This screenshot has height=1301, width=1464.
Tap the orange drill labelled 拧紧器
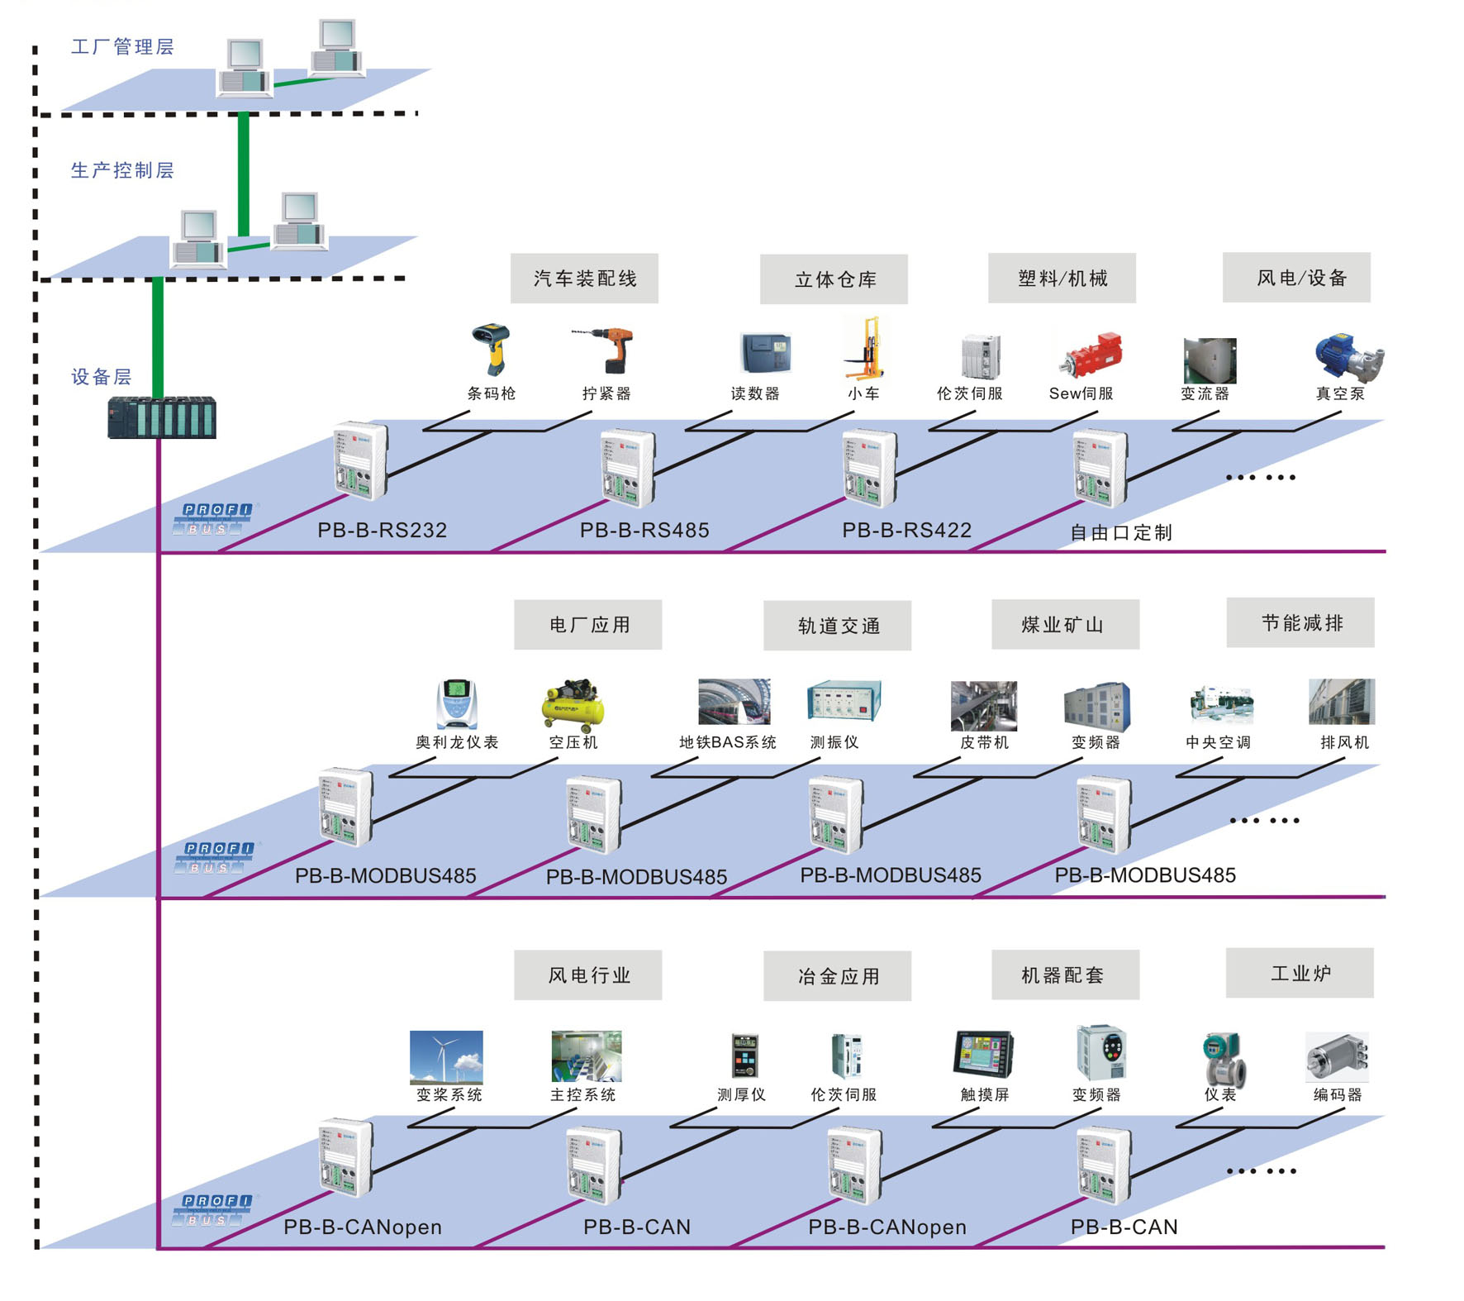pyautogui.click(x=607, y=349)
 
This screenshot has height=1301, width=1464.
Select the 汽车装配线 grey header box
pyautogui.click(x=584, y=279)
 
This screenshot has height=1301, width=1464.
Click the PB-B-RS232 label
pyautogui.click(x=382, y=530)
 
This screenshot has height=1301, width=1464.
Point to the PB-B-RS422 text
pyautogui.click(x=906, y=530)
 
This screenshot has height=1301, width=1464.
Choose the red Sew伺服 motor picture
pyautogui.click(x=1091, y=356)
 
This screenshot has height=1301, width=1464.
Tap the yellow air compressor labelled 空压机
pyautogui.click(x=573, y=705)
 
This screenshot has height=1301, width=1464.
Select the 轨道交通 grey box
pyautogui.click(x=837, y=626)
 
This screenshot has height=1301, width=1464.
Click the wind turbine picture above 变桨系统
pyautogui.click(x=446, y=1056)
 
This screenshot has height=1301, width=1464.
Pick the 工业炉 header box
pyautogui.click(x=1300, y=973)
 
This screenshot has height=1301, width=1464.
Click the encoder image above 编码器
pyautogui.click(x=1337, y=1057)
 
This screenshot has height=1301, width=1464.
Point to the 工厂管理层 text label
pyautogui.click(x=122, y=46)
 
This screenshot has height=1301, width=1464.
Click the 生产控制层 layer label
pyautogui.click(x=122, y=170)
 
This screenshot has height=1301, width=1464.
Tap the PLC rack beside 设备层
pyautogui.click(x=162, y=417)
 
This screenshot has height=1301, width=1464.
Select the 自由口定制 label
pyautogui.click(x=1120, y=532)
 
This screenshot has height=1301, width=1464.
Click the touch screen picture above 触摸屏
pyautogui.click(x=983, y=1054)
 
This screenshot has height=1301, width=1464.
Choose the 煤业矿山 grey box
pyautogui.click(x=1065, y=625)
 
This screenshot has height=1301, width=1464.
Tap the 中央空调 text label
pyautogui.click(x=1218, y=742)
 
